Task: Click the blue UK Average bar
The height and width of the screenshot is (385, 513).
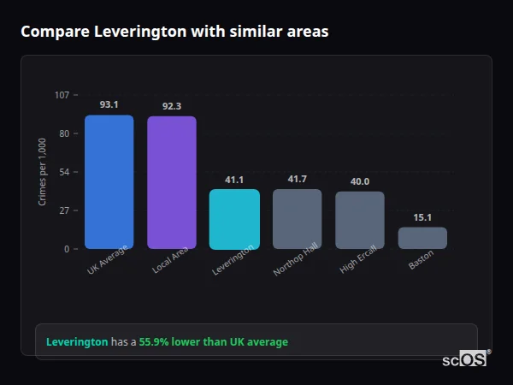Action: point(109,182)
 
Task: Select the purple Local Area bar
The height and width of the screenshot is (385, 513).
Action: point(172,182)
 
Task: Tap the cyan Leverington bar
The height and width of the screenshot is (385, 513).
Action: point(234,219)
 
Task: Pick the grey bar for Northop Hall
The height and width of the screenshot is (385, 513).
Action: point(297,219)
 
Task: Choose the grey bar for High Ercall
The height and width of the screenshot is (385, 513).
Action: point(360,220)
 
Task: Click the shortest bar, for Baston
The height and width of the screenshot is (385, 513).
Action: point(422,238)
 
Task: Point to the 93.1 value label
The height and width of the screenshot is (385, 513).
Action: point(109,104)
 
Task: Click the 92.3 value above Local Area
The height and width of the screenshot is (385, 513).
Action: point(172,106)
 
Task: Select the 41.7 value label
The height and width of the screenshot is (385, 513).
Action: point(297,179)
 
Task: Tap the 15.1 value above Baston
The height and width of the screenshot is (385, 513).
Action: point(422,217)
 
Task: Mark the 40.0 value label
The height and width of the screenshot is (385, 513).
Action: point(360,181)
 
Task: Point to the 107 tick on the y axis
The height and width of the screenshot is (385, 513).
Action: point(62,95)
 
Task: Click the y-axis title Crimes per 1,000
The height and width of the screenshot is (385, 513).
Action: point(43,171)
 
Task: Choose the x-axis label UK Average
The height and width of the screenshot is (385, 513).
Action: point(107,260)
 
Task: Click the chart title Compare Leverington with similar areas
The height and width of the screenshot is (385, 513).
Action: point(174,32)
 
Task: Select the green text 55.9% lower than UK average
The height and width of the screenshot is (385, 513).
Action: point(214,342)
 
